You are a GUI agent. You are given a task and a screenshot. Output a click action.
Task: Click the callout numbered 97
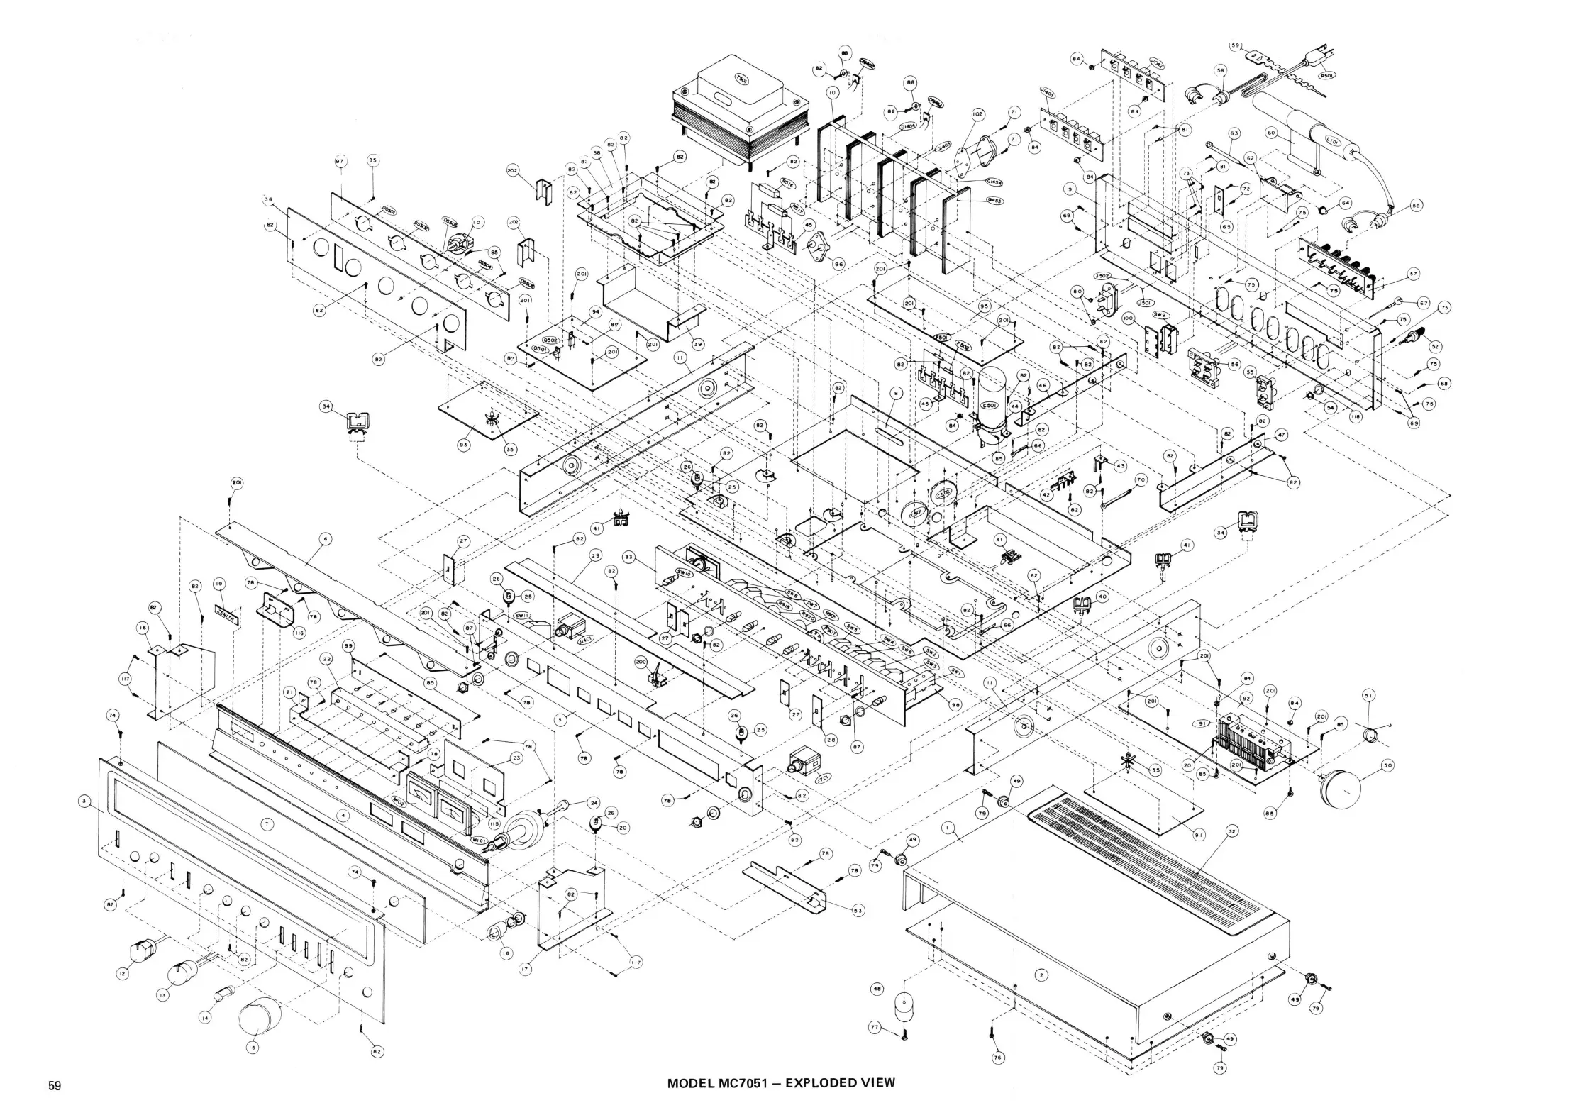pyautogui.click(x=340, y=162)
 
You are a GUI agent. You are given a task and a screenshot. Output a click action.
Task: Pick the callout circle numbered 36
pyautogui.click(x=268, y=200)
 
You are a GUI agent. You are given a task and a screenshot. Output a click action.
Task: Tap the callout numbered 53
pyautogui.click(x=858, y=911)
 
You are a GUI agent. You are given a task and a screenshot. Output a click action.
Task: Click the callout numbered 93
pyautogui.click(x=464, y=445)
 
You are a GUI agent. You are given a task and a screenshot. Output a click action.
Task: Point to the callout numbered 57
pyautogui.click(x=1413, y=272)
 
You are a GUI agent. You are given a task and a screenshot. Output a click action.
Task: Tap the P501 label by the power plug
pyautogui.click(x=1325, y=74)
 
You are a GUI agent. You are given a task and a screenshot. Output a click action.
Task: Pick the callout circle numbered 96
pyautogui.click(x=838, y=264)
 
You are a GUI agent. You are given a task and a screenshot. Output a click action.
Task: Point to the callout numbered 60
pyautogui.click(x=1270, y=132)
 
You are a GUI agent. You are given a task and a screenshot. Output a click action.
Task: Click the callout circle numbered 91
pyautogui.click(x=1198, y=836)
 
